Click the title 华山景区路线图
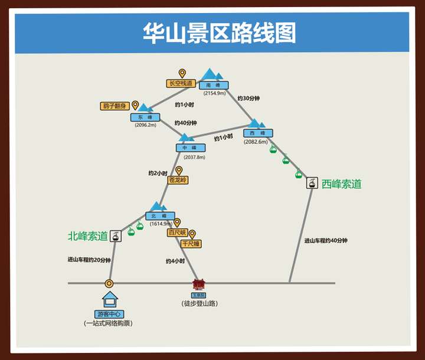219,33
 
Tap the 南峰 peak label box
214,85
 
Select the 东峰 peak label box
145,117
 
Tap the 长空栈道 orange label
181,84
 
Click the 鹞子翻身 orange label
115,106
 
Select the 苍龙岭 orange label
178,180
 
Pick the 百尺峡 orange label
176,233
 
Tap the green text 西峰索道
341,184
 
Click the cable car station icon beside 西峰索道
312,184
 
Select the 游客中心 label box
109,314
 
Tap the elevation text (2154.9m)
214,93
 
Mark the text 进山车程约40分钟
326,240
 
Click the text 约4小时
175,261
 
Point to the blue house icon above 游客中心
110,298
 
